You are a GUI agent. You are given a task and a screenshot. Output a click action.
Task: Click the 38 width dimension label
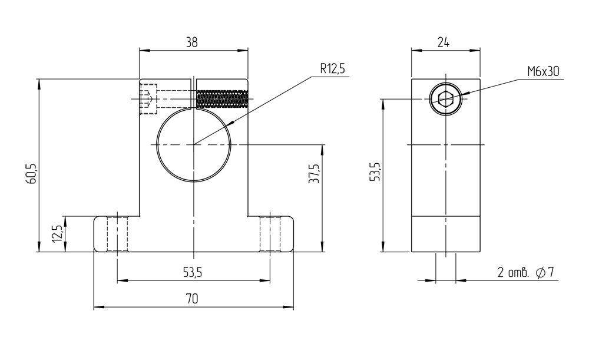[x=191, y=42]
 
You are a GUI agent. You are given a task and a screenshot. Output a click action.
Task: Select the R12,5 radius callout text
[x=332, y=68]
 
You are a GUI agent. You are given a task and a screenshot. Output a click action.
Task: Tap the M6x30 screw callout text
[x=543, y=71]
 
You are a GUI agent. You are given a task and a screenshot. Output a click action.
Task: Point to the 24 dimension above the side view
[x=444, y=42]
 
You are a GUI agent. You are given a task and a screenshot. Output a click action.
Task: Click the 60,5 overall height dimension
[x=32, y=174]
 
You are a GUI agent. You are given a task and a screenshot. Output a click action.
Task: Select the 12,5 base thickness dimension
[x=57, y=233]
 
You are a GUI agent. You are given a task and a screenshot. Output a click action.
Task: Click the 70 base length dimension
[x=192, y=299]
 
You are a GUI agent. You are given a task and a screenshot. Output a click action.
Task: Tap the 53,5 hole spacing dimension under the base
[x=193, y=272]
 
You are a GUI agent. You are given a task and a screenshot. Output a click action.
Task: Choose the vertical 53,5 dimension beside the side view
[x=375, y=171]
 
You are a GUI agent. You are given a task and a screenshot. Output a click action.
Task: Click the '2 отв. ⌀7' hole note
[x=525, y=272]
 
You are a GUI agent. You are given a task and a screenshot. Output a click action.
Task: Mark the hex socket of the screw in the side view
[x=445, y=99]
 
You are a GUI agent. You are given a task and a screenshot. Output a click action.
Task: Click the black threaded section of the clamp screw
[x=222, y=99]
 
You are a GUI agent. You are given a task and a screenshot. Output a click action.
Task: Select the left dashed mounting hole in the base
[x=117, y=234]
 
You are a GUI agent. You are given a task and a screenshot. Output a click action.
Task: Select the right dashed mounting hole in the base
[x=270, y=234]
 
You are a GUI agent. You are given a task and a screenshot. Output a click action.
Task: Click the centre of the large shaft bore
[x=193, y=145]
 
